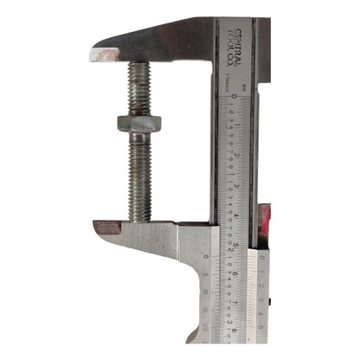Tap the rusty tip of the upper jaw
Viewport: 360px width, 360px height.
(103, 55)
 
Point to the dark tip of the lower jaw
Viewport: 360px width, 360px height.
(106, 228)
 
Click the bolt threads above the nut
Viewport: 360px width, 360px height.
(138, 87)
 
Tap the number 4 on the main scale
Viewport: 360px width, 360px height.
(235, 216)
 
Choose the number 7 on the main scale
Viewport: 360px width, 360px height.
(235, 305)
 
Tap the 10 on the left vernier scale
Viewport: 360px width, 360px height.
(203, 292)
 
